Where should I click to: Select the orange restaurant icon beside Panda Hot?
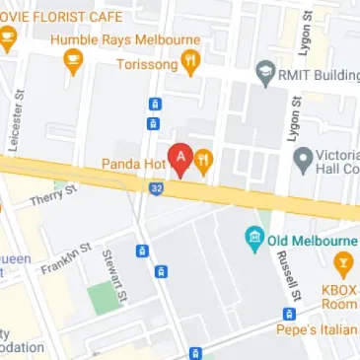coord(204,162)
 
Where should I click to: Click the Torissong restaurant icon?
coord(190,64)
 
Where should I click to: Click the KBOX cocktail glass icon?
coord(343,262)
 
